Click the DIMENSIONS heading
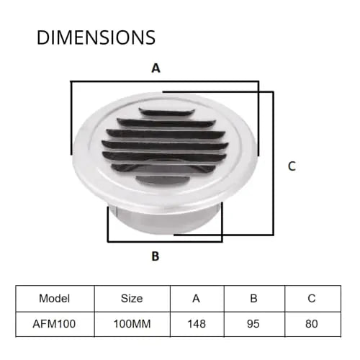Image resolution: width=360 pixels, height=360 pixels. pyautogui.click(x=96, y=37)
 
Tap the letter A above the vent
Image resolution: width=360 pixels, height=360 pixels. pyautogui.click(x=156, y=68)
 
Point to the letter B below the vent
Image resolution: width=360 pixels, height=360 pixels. pyautogui.click(x=155, y=256)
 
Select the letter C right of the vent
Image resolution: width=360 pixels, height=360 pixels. pyautogui.click(x=292, y=166)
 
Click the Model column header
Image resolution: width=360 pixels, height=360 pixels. pyautogui.click(x=55, y=298)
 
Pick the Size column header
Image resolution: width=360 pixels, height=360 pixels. pyautogui.click(x=132, y=298)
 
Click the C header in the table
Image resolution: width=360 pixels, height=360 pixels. pyautogui.click(x=311, y=298)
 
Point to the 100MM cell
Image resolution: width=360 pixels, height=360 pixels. pyautogui.click(x=132, y=323)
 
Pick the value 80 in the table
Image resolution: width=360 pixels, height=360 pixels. pyautogui.click(x=311, y=323)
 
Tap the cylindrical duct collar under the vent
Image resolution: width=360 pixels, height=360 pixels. pyautogui.click(x=166, y=220)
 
